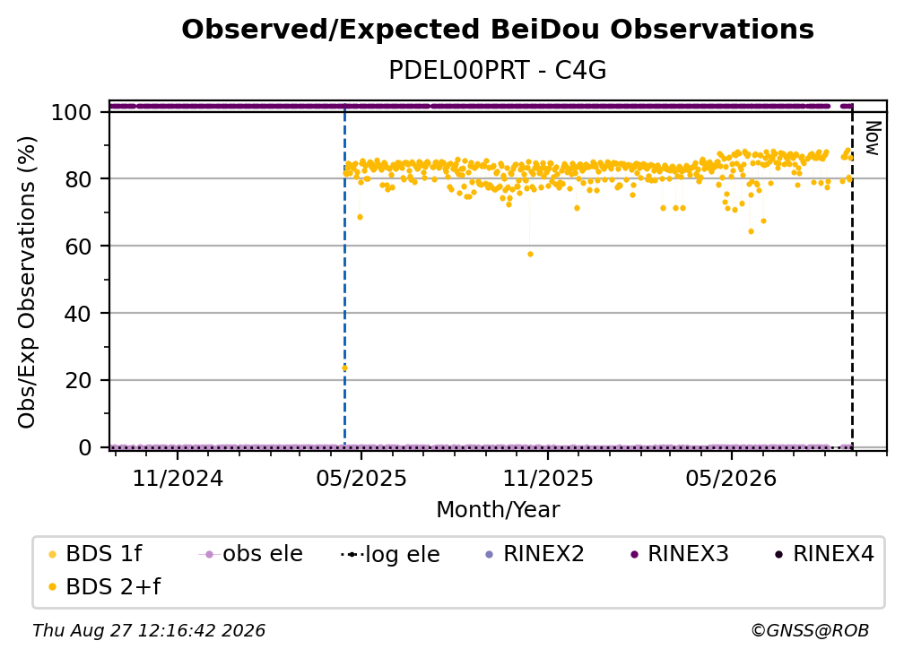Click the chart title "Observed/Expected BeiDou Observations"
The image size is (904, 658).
(498, 30)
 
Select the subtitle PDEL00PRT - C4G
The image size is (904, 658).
(498, 71)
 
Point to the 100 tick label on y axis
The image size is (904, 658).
(72, 112)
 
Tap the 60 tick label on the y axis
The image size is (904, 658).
(78, 247)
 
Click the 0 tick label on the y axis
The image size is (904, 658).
(85, 447)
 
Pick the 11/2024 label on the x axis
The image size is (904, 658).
(178, 478)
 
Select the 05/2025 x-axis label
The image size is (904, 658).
(361, 478)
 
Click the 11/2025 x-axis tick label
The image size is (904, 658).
(548, 478)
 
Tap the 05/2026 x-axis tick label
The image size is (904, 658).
(732, 478)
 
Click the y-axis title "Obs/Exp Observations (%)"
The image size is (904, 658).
(27, 282)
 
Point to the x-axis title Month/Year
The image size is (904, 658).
(498, 510)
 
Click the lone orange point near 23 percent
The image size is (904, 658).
(344, 368)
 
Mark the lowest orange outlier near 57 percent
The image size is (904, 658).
(530, 254)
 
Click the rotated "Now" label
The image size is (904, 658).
(874, 138)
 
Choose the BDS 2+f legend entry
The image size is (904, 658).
(105, 586)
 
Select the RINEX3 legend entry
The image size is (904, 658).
(681, 554)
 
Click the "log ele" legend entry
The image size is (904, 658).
(390, 554)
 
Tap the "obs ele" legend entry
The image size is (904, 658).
(250, 554)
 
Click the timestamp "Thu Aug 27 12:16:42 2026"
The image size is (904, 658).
(149, 630)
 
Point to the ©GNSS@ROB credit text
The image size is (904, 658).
(810, 630)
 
